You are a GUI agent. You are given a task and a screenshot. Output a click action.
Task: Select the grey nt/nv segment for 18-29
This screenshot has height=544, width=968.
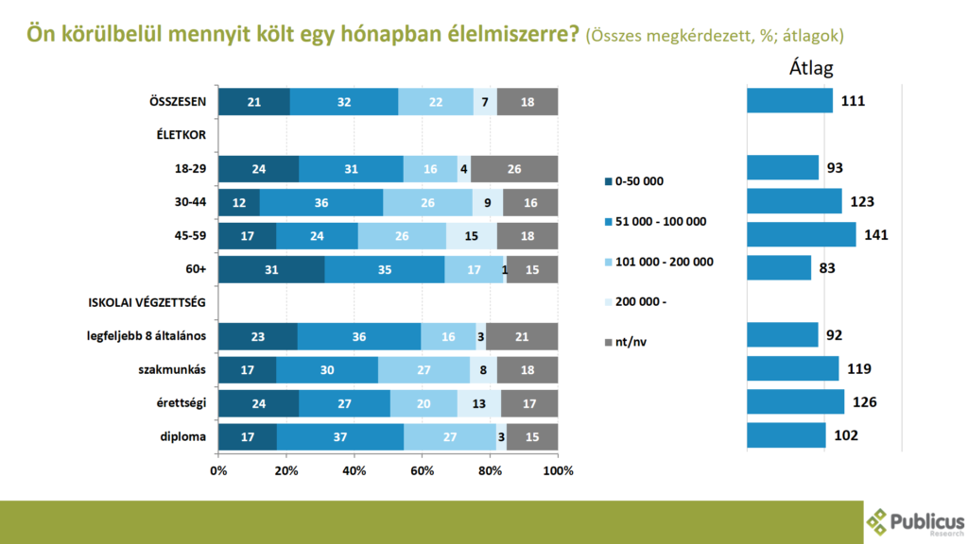(514, 169)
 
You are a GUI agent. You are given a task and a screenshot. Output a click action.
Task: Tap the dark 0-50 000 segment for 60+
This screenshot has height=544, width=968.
(271, 269)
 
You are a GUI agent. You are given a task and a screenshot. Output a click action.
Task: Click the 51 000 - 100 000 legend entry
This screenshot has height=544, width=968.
(660, 221)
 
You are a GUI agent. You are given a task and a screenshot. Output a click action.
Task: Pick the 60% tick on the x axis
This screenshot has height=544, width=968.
(423, 470)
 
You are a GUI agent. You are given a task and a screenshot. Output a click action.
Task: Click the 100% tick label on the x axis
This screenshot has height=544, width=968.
(559, 470)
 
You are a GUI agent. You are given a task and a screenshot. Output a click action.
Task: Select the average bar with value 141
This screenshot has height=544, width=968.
(801, 235)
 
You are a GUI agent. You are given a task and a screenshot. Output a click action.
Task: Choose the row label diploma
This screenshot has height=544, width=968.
(185, 436)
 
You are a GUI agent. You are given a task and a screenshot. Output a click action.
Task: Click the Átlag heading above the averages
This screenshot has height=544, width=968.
(810, 68)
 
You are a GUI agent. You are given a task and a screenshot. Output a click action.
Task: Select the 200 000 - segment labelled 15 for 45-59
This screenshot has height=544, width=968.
(471, 236)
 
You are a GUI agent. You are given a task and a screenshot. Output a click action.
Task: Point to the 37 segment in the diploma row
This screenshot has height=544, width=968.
(340, 436)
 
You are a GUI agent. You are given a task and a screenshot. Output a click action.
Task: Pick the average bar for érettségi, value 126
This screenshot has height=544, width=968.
(795, 402)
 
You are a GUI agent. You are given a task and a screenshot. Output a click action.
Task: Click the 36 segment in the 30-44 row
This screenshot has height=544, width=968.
(321, 202)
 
